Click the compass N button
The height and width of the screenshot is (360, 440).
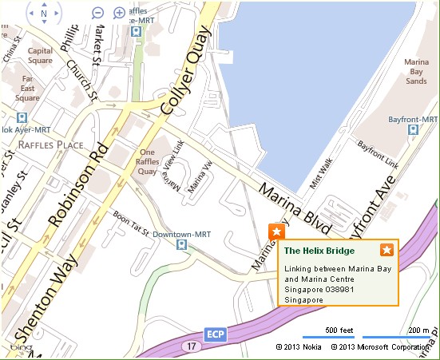[43, 14]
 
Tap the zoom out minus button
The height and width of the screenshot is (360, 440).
[97, 13]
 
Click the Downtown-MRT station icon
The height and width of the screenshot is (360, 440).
[183, 246]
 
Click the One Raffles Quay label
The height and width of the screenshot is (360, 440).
[147, 160]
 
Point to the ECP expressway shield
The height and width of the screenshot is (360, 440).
[214, 334]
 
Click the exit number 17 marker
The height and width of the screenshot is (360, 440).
[189, 346]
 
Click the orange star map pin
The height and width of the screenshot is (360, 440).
[276, 232]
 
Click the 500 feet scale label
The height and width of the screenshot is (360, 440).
[340, 330]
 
